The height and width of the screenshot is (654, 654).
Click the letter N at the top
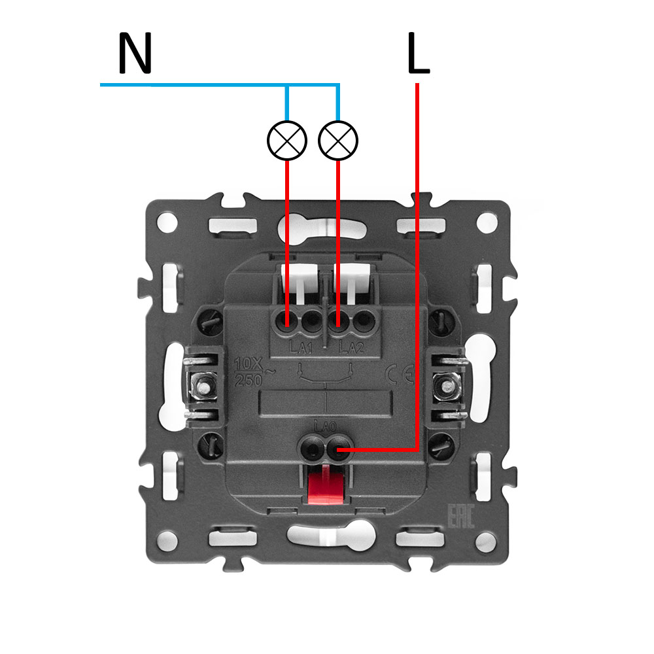135,54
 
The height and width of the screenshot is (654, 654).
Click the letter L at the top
418,54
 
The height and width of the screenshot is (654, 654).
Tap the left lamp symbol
287,140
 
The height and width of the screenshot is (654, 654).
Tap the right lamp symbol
338,140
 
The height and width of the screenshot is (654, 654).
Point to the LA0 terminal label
325,426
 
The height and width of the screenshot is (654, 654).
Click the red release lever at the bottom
325,485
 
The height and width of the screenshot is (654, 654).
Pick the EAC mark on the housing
459,517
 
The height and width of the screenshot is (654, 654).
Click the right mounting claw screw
448,387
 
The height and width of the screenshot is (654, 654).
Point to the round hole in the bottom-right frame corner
485,540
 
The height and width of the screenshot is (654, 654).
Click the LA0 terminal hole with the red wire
337,450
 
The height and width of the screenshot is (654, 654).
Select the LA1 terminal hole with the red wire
288,321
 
